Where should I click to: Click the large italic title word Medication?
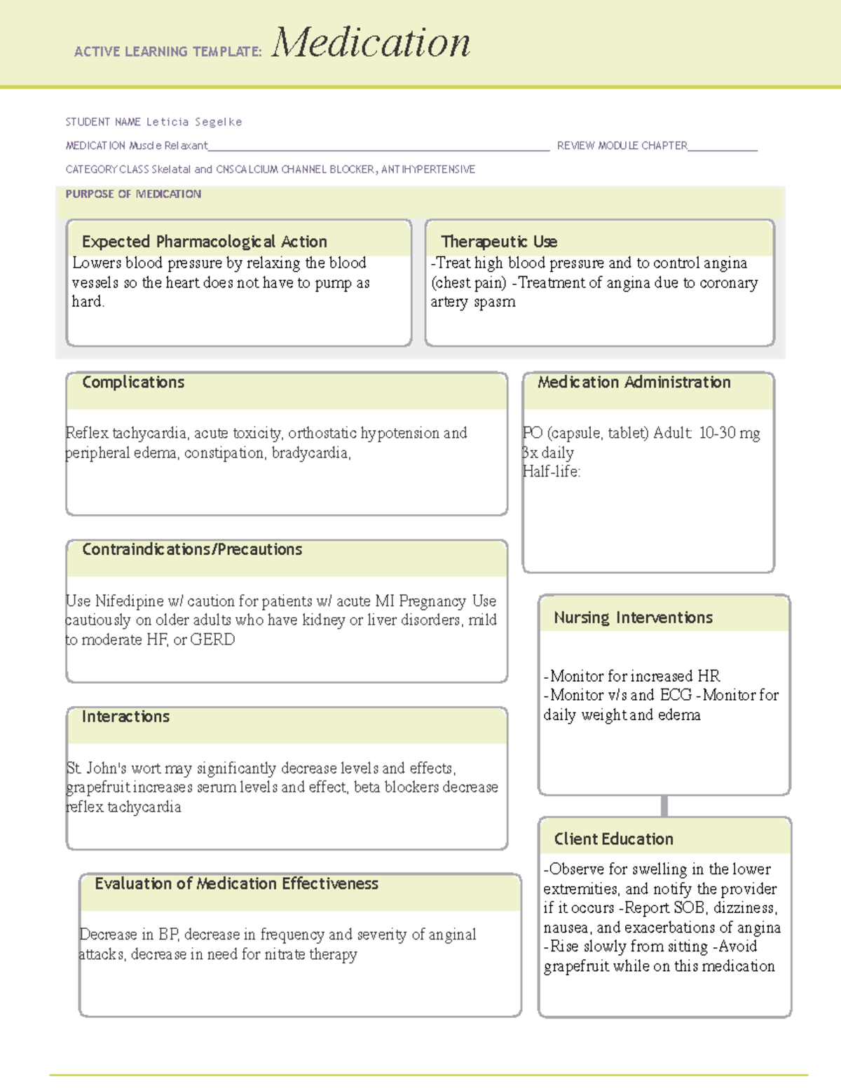coord(371,43)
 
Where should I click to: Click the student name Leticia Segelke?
coord(194,122)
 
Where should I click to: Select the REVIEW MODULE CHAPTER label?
coord(622,146)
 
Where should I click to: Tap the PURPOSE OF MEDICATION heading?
coord(133,194)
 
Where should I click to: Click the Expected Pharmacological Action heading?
coord(204,242)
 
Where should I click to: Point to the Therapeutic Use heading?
coord(499,242)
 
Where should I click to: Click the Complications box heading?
coord(133,383)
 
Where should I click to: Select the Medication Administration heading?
coord(634,383)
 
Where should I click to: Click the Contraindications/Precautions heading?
coord(192,550)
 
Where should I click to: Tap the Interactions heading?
coord(125,717)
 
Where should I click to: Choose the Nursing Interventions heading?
coord(633,618)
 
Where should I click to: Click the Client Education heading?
coord(613,839)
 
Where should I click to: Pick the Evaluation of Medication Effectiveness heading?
coord(236,884)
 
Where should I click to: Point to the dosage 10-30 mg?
coord(729,433)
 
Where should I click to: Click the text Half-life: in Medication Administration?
coord(552,471)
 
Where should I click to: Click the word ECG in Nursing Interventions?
coord(675,695)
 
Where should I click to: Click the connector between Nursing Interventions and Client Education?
coord(664,806)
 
